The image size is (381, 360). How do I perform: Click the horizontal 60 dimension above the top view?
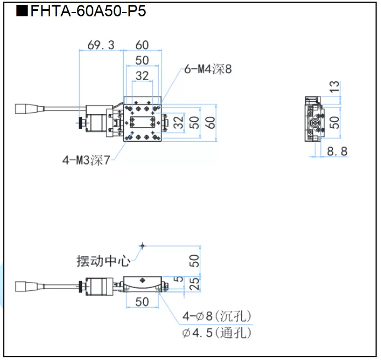click(142, 45)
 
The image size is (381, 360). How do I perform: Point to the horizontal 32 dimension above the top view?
click(142, 75)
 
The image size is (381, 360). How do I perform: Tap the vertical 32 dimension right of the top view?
click(178, 123)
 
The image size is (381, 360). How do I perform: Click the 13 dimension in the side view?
click(335, 87)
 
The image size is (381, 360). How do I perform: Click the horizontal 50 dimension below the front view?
click(142, 302)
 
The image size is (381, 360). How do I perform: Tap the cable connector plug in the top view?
click(25, 110)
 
